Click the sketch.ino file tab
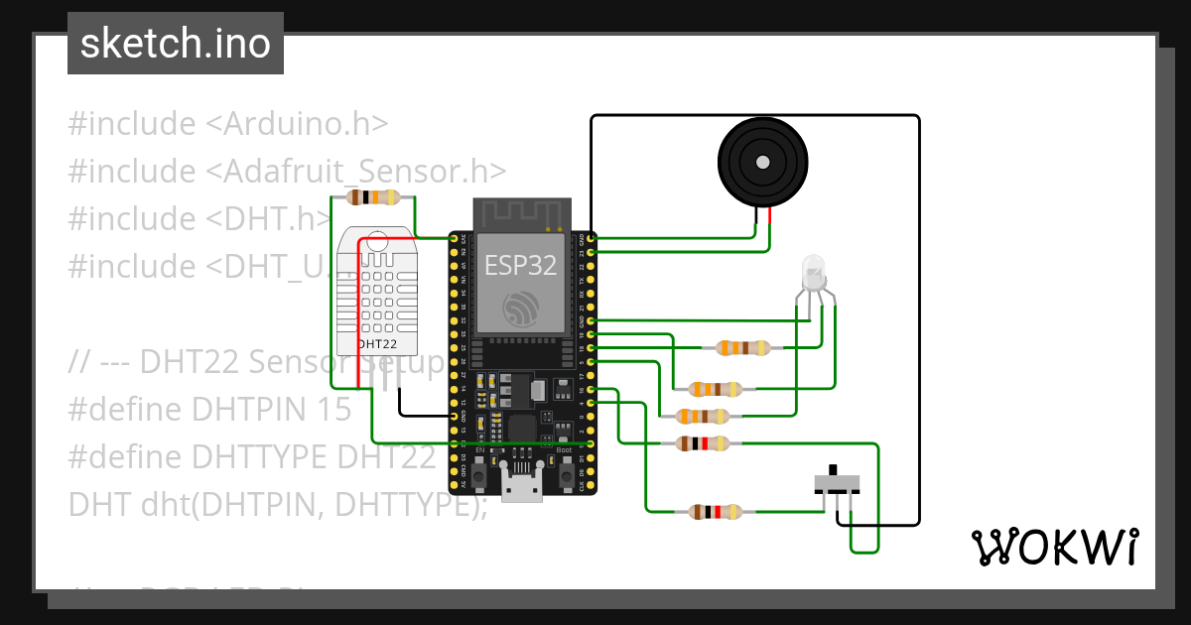(x=176, y=44)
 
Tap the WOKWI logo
(x=1053, y=547)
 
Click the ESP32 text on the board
(x=520, y=265)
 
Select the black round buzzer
(x=762, y=162)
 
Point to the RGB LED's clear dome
(x=813, y=269)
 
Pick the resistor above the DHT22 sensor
(x=372, y=197)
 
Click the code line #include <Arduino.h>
(x=227, y=124)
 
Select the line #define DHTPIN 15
(x=209, y=410)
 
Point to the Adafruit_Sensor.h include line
(x=287, y=172)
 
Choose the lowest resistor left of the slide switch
(x=715, y=512)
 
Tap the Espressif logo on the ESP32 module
(x=521, y=311)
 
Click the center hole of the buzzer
(x=762, y=162)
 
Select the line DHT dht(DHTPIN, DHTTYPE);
(x=278, y=505)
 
